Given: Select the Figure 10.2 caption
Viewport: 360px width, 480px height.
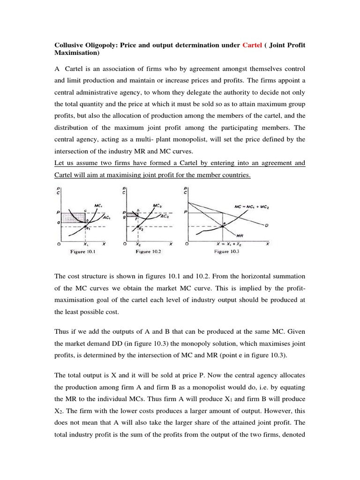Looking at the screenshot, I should (x=149, y=252).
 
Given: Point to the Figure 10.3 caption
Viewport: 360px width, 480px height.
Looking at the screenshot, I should (x=228, y=252).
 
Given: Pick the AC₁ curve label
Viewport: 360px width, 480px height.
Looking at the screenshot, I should (x=107, y=218).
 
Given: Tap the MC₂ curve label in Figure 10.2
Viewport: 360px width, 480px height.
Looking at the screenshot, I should (x=158, y=205).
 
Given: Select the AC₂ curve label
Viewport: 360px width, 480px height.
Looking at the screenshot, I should (x=165, y=217).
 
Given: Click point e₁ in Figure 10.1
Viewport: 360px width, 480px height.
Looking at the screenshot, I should (x=87, y=227).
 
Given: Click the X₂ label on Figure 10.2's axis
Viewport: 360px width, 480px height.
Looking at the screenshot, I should (x=137, y=244).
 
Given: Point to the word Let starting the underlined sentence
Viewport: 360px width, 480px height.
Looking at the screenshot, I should (x=58, y=163).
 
